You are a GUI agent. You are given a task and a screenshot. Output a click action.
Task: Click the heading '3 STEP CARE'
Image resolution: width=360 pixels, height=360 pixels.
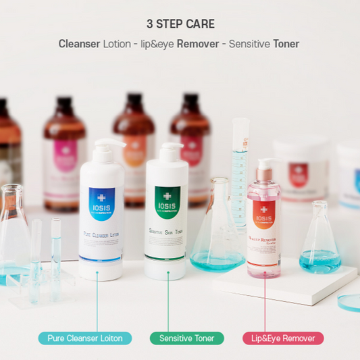[180, 24]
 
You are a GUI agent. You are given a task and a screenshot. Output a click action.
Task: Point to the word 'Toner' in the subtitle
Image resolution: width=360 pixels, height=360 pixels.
[286, 43]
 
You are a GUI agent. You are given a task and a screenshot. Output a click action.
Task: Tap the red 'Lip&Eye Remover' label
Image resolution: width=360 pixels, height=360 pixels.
[283, 338]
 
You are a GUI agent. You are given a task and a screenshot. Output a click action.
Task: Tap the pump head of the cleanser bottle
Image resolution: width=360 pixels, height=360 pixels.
[108, 145]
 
